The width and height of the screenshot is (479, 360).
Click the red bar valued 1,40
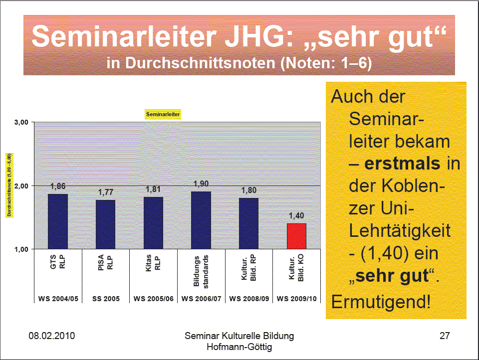point(296,236)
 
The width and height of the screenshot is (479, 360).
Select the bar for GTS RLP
point(58,221)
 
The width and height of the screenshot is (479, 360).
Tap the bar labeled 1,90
point(201,220)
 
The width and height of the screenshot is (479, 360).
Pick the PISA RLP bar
point(106,224)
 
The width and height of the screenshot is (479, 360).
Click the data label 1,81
point(154,189)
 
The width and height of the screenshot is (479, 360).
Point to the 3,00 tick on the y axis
point(21,122)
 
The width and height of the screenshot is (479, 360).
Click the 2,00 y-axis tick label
point(21,185)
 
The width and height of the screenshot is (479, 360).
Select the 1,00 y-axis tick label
point(21,249)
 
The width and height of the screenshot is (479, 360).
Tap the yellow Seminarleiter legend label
point(163,114)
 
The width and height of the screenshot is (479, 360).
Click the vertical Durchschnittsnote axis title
point(9,185)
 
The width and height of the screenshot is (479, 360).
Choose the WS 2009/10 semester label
point(296,299)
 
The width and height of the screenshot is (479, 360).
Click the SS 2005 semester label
point(106,299)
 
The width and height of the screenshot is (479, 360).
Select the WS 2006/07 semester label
point(201,299)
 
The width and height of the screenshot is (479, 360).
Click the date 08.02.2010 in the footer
point(51,336)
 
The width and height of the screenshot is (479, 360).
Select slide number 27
point(445,336)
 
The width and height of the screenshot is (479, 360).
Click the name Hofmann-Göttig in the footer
point(239,347)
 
